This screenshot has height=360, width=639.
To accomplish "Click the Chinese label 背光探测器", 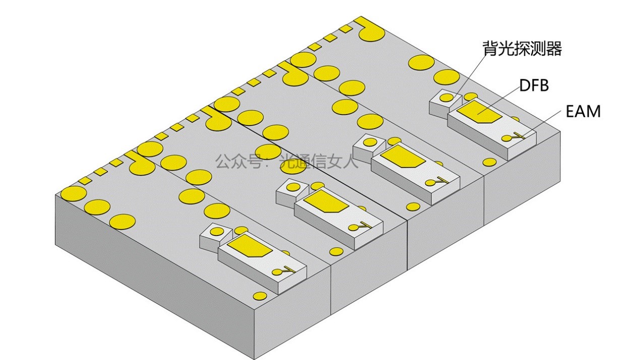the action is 522,48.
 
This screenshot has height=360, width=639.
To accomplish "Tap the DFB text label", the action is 534,85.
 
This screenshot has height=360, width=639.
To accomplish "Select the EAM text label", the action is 584,111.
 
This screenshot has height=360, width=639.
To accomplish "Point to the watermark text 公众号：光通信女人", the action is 286,161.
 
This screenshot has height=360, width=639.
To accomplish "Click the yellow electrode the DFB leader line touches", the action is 478,111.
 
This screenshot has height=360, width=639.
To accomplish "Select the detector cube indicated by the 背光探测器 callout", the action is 446,104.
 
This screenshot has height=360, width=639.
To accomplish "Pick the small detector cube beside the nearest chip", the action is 216,237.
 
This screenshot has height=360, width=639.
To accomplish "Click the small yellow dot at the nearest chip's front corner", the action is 260,296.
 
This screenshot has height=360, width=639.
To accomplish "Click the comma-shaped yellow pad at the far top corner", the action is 369,31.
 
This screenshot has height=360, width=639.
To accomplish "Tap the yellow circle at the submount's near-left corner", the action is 73,193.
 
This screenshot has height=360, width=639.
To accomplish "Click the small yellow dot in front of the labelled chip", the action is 489,162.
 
